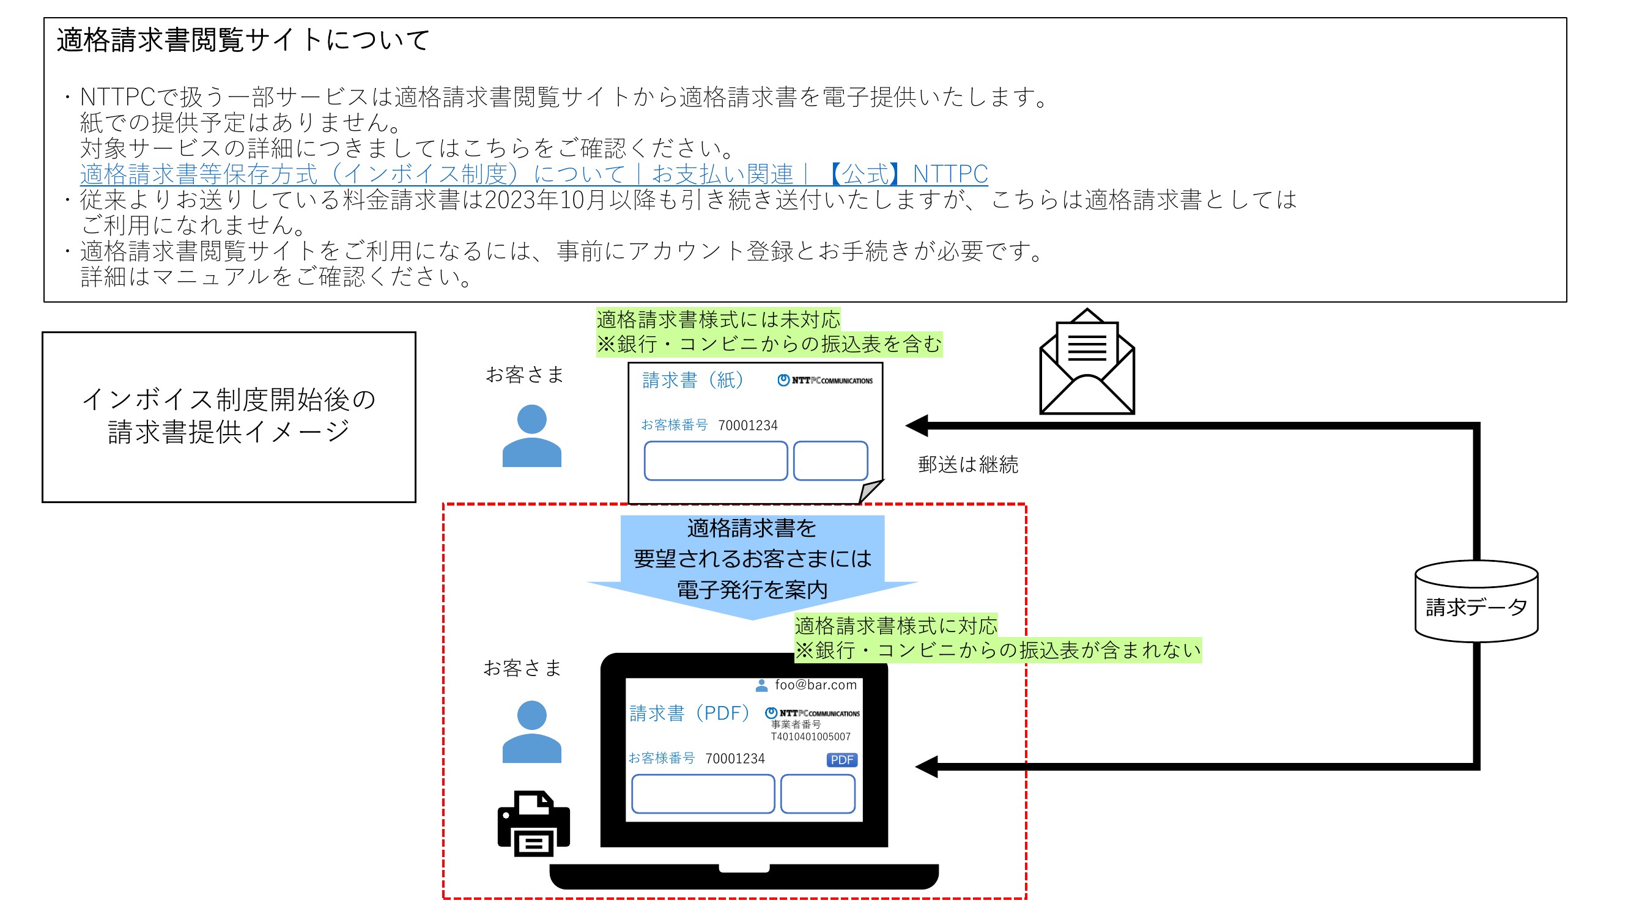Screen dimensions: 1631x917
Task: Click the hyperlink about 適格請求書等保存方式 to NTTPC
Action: (534, 174)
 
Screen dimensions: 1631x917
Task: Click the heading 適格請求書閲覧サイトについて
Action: (243, 40)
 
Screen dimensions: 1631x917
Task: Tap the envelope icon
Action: (1087, 362)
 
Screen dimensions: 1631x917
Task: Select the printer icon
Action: (534, 823)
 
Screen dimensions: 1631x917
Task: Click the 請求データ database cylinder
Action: (1476, 601)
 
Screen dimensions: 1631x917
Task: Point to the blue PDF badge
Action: (841, 759)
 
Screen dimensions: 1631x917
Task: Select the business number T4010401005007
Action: (810, 737)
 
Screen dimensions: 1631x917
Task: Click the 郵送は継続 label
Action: (968, 465)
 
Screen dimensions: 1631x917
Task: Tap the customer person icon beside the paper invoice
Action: (532, 435)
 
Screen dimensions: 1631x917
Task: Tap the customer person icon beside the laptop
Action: (532, 732)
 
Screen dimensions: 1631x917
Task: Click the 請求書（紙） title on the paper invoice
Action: (693, 380)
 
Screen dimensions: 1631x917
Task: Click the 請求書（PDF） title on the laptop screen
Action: (689, 713)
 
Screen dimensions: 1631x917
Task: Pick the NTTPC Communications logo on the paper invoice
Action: (825, 380)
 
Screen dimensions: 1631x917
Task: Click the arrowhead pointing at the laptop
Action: (926, 767)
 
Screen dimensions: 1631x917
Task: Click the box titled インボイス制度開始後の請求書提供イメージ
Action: (229, 417)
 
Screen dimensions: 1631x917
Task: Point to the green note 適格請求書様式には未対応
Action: (718, 320)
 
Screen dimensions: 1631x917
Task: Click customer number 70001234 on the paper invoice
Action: (748, 425)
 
